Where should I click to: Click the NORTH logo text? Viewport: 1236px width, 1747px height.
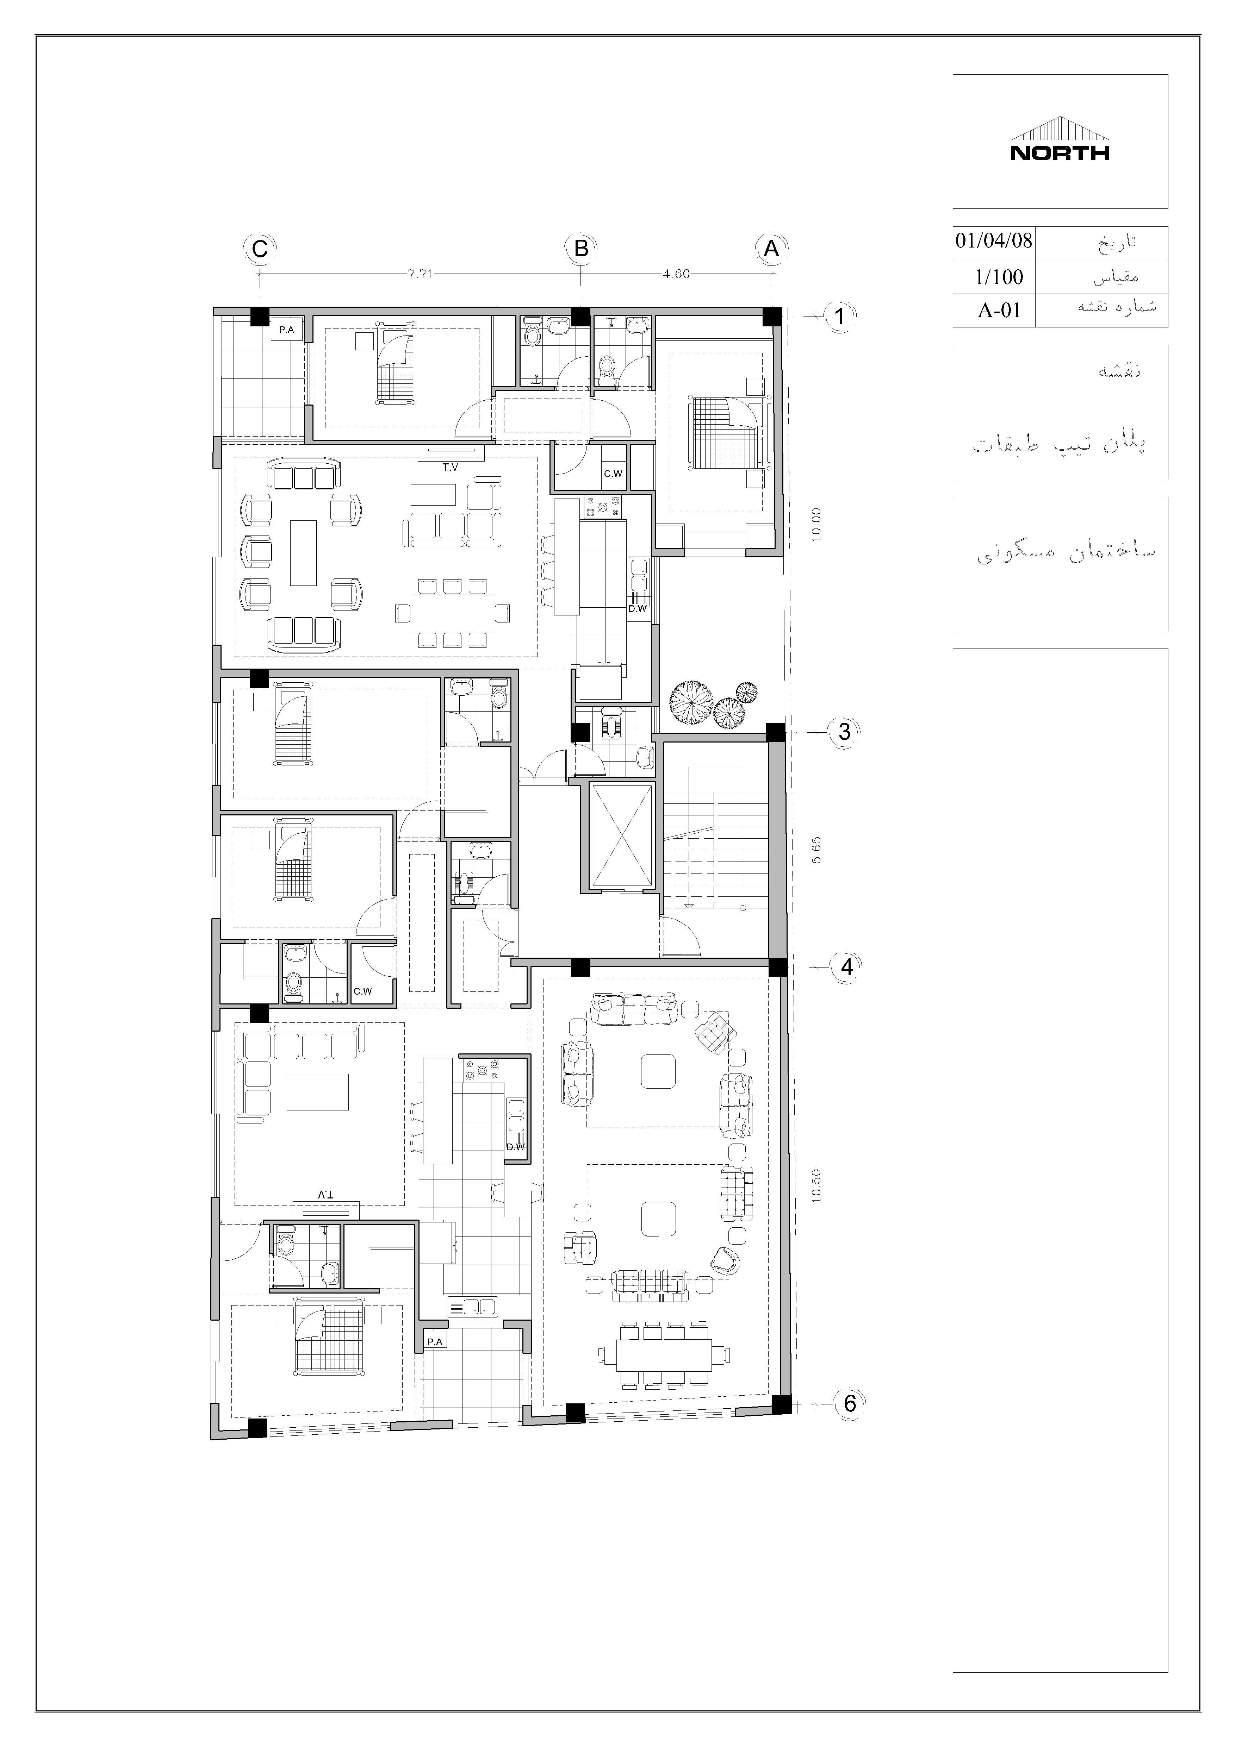coord(1060,153)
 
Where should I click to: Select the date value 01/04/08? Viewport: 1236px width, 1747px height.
coord(994,241)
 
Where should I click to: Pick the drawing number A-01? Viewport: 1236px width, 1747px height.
coord(999,311)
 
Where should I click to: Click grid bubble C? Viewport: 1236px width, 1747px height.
coord(260,249)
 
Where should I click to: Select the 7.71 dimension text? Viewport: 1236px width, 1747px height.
coord(420,274)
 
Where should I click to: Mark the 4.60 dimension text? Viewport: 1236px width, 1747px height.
coord(676,274)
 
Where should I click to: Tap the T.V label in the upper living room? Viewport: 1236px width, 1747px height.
coord(451,467)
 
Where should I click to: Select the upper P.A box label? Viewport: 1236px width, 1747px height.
coord(286,330)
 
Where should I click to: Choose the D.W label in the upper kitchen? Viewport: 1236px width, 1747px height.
coord(637,609)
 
